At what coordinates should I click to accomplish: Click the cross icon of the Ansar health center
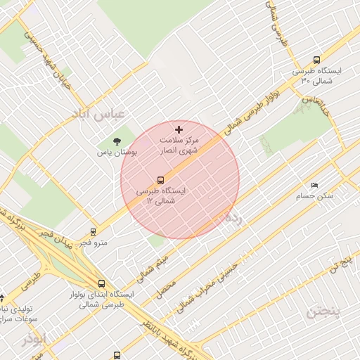click(x=179, y=129)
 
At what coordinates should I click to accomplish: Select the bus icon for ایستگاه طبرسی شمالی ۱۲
click(x=161, y=180)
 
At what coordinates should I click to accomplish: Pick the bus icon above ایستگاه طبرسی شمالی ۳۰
click(x=316, y=60)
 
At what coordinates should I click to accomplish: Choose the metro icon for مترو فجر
click(x=93, y=231)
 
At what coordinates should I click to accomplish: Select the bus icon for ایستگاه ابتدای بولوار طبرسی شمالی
click(x=102, y=283)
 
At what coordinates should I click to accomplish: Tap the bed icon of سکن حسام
click(x=314, y=184)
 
